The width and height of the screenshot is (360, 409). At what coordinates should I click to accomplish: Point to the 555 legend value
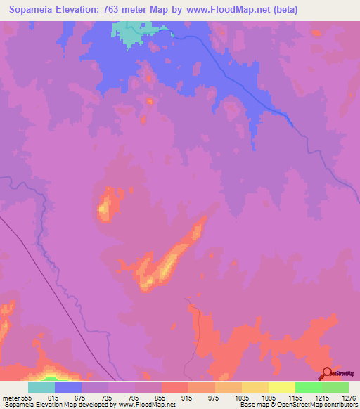click(x=27, y=397)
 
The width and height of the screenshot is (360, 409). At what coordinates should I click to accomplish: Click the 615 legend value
click(x=55, y=397)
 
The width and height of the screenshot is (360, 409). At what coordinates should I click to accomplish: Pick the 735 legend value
click(x=108, y=397)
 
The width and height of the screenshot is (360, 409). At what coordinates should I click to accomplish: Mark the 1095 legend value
click(x=269, y=397)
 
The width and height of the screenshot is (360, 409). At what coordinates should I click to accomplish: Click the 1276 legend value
click(x=347, y=397)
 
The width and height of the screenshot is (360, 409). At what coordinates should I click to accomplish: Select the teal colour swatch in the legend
click(x=41, y=387)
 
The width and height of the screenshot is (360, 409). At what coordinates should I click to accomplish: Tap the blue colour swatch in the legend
click(x=68, y=387)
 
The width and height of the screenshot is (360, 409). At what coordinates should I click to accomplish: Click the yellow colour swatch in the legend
click(x=282, y=387)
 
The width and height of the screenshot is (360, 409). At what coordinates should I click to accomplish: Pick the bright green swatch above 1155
click(x=309, y=387)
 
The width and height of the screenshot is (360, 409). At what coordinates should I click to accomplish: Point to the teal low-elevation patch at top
click(x=129, y=32)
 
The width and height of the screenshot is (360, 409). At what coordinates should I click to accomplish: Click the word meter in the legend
click(x=10, y=397)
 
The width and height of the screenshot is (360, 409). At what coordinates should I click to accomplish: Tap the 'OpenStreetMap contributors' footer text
click(x=323, y=405)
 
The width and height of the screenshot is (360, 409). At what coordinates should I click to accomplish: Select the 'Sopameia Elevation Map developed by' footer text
click(x=49, y=405)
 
